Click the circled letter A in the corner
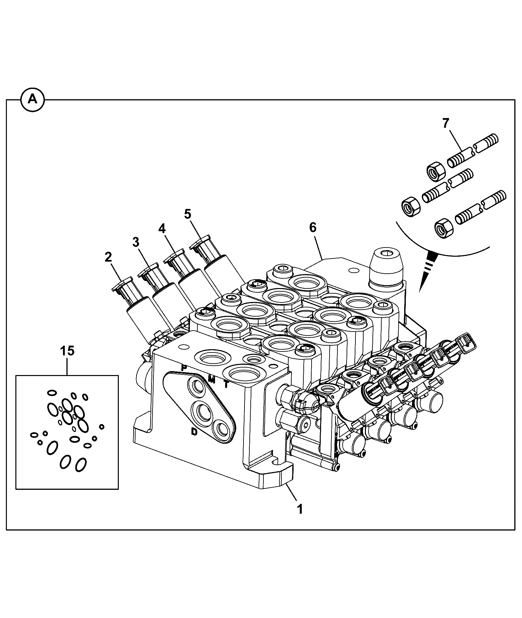click(x=32, y=99)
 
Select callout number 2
click(x=108, y=257)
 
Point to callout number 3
click(x=136, y=242)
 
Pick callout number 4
click(x=162, y=229)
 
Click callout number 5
click(x=187, y=214)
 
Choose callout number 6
click(x=313, y=228)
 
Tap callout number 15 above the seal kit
click(x=67, y=351)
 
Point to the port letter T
click(x=226, y=385)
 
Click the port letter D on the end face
click(x=194, y=432)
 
